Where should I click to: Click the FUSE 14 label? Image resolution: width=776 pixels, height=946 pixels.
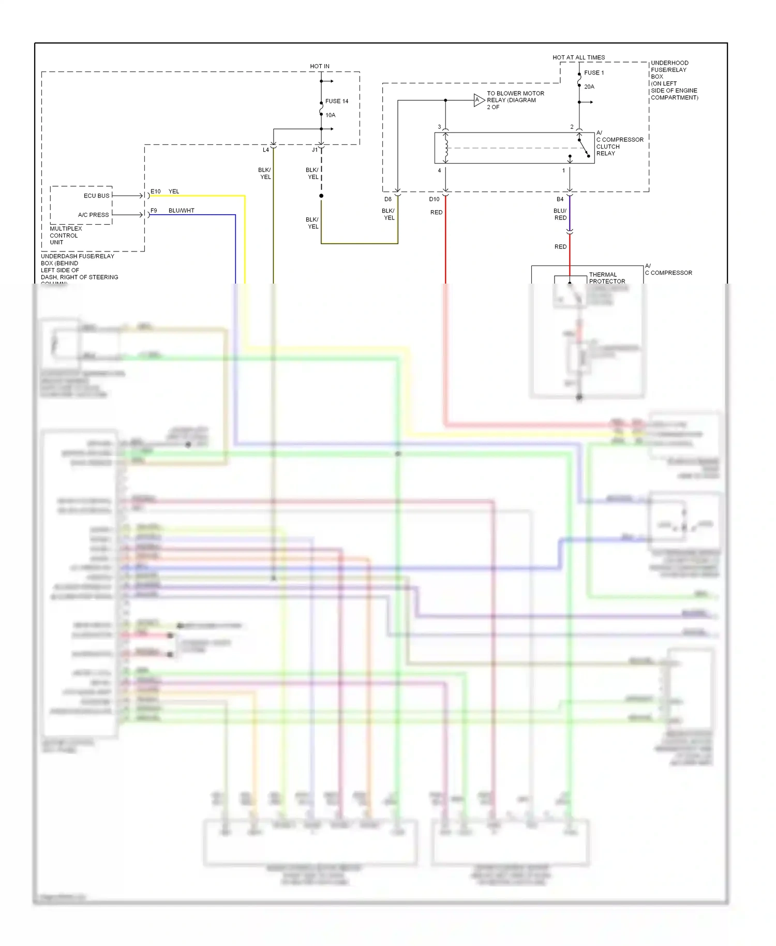pyautogui.click(x=336, y=101)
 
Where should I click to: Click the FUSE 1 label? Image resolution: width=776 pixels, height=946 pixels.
pyautogui.click(x=594, y=73)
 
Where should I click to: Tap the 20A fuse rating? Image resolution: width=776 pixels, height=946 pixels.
pyautogui.click(x=589, y=87)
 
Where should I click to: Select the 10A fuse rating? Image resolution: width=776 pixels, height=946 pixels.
pyautogui.click(x=330, y=115)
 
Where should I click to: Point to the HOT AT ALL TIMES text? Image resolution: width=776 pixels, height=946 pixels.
pyautogui.click(x=578, y=57)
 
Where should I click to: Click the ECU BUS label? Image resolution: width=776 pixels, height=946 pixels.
pyautogui.click(x=96, y=196)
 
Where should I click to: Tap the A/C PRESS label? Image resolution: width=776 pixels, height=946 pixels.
pyautogui.click(x=94, y=215)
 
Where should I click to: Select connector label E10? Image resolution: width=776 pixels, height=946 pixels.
pyautogui.click(x=155, y=191)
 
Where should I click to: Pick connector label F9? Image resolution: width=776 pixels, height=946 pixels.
pyautogui.click(x=154, y=211)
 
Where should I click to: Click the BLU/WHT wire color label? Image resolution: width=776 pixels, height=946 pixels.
pyautogui.click(x=181, y=211)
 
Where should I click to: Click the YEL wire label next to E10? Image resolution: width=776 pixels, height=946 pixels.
pyautogui.click(x=174, y=191)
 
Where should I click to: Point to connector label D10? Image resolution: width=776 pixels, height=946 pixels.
pyautogui.click(x=434, y=199)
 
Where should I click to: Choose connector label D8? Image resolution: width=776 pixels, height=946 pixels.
pyautogui.click(x=388, y=199)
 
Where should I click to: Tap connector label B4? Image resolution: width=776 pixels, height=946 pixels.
pyautogui.click(x=560, y=199)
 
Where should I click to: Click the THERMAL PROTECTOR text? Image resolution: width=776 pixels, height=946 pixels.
pyautogui.click(x=606, y=278)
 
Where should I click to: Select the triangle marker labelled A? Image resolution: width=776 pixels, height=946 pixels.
pyautogui.click(x=478, y=100)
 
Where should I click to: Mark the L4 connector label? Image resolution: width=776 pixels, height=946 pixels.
pyautogui.click(x=265, y=150)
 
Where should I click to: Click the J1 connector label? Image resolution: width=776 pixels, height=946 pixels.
pyautogui.click(x=315, y=150)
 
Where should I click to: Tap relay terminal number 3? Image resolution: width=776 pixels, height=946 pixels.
pyautogui.click(x=439, y=127)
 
